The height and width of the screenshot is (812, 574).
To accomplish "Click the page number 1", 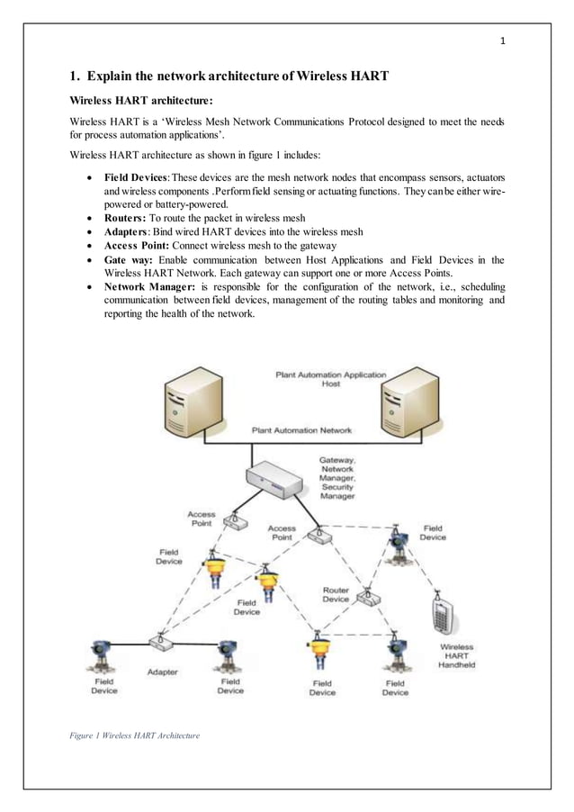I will [503, 40].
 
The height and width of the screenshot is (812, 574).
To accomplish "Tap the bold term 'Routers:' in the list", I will [125, 218].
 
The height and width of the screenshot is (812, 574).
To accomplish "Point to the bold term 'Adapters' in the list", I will [126, 231].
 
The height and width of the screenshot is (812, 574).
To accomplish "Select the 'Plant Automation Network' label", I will [301, 430].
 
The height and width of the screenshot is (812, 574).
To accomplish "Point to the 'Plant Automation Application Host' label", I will [331, 379].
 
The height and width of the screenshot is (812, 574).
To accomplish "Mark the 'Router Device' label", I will [336, 595].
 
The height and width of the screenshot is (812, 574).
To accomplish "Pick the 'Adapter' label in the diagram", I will [162, 672].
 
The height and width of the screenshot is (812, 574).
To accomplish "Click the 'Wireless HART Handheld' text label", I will [456, 655].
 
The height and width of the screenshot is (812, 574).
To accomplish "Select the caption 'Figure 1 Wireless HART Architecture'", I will [134, 735].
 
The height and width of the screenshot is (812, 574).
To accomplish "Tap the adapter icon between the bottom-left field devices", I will [160, 644].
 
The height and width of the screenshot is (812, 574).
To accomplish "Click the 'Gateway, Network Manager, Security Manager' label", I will [337, 477].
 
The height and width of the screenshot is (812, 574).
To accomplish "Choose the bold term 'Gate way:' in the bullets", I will [130, 259].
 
